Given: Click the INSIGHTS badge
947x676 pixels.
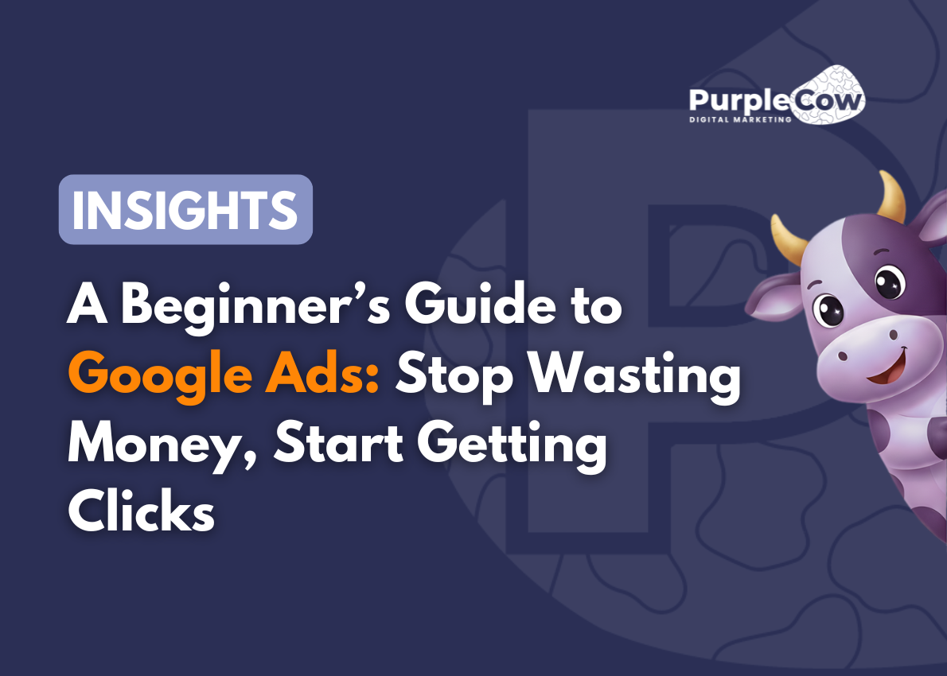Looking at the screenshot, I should [185, 209].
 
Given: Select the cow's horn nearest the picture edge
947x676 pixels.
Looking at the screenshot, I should [893, 195].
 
